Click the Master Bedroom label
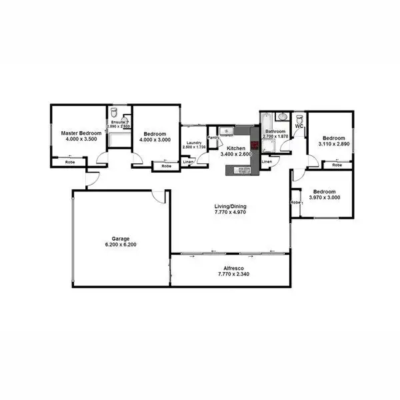(x=81, y=133)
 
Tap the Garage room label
(x=120, y=238)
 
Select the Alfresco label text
(x=231, y=267)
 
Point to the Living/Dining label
(x=231, y=207)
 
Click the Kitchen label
(x=236, y=148)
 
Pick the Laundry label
(x=194, y=143)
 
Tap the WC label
(x=299, y=125)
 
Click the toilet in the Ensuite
(x=114, y=113)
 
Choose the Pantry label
(x=213, y=138)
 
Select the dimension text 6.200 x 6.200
(x=120, y=245)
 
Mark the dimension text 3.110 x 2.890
(x=333, y=143)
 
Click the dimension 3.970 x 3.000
(x=324, y=197)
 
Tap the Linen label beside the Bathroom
(x=267, y=161)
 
